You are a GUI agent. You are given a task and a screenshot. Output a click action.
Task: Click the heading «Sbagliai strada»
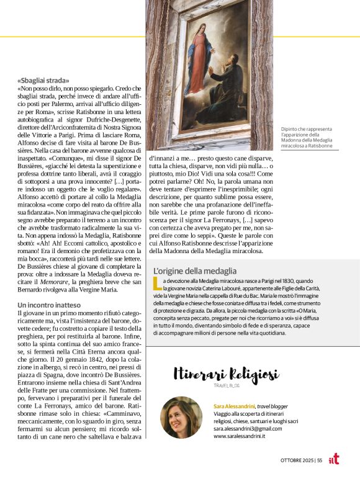[x=43, y=80]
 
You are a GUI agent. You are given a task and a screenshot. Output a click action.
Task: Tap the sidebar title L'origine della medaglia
[x=194, y=271]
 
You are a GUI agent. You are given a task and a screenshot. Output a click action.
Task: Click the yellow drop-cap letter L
[x=156, y=284]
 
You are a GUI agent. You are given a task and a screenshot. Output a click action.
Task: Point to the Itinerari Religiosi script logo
[x=226, y=375]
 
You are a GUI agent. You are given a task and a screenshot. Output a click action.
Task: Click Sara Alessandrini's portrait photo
[x=181, y=418]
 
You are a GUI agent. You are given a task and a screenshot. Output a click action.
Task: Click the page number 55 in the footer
[x=320, y=460]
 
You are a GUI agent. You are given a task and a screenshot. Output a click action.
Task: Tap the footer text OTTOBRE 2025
[x=297, y=460]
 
